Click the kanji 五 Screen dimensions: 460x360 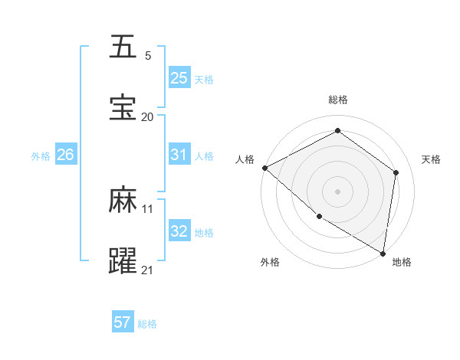click(123, 47)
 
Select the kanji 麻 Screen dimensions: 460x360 click(123, 200)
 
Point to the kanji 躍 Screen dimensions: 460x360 click(123, 261)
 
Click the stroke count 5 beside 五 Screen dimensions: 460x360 click(148, 56)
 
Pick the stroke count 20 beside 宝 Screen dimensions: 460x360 click(148, 117)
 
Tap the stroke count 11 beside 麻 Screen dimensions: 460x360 click(148, 208)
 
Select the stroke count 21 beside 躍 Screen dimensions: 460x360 click(148, 270)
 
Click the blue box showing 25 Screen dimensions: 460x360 click(179, 77)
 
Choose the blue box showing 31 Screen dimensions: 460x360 click(179, 154)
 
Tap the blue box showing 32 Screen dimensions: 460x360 click(179, 231)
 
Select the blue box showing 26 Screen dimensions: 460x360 click(66, 154)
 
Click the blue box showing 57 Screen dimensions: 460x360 click(123, 322)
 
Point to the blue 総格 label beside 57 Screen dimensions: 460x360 click(147, 324)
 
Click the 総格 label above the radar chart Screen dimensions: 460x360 click(338, 100)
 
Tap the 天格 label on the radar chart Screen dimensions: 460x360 click(432, 159)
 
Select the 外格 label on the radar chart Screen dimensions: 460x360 click(269, 263)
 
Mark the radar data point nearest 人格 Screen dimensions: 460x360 click(264, 168)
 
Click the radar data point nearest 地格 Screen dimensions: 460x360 click(383, 253)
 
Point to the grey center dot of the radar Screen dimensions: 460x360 click(338, 191)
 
